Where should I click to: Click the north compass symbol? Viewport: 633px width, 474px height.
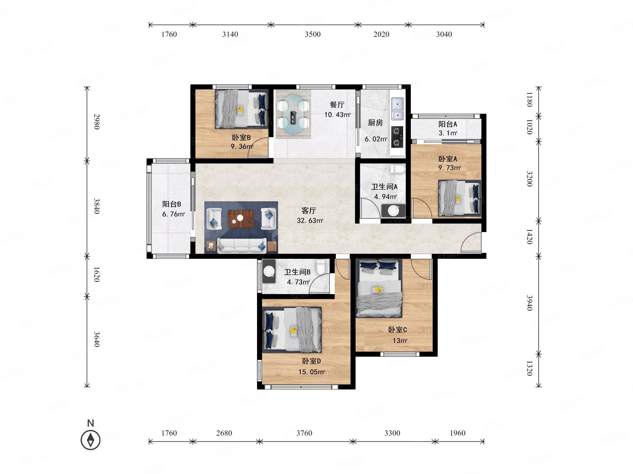pos(91,440)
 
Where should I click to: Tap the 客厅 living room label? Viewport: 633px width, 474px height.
pos(309,210)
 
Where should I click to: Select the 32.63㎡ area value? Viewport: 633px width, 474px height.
pos(310,221)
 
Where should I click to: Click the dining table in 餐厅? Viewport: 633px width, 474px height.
pos(292,114)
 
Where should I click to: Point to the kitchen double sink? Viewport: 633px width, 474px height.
pos(398,109)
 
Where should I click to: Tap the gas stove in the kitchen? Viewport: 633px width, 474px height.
pos(398,137)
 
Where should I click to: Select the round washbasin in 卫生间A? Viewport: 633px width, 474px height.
pos(393,210)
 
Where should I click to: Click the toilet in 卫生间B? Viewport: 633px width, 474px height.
pos(321,267)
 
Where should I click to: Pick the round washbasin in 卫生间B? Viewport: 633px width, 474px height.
pos(269,271)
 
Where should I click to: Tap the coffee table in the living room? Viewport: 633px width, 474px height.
pos(241,219)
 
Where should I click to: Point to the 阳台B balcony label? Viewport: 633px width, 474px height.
pos(172,204)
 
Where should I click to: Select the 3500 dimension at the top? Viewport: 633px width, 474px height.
pos(313,34)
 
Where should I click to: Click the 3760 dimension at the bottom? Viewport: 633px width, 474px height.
pos(304,433)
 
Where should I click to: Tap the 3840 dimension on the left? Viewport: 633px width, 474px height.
pos(97,206)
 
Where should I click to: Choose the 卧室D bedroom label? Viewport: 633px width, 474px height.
pos(311,361)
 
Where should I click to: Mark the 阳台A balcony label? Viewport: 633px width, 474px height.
pos(448,124)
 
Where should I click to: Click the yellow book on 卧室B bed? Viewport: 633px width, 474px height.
pos(241,110)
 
